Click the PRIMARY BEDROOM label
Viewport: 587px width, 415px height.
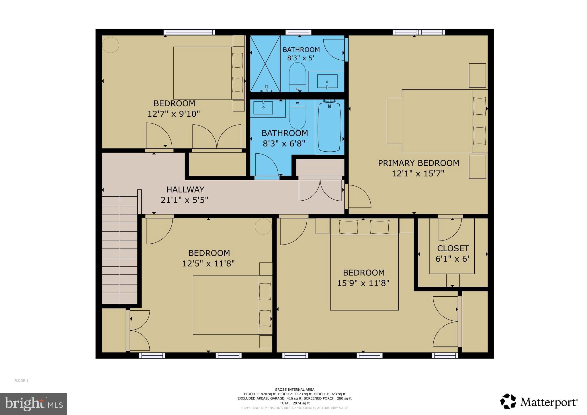(x=418, y=163)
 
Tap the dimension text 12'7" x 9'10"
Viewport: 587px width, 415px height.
(x=173, y=114)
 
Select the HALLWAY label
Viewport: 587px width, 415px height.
(x=185, y=189)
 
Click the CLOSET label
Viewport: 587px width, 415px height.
(x=453, y=248)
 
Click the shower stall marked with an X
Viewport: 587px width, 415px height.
(x=265, y=63)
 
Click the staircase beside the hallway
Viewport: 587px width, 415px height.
(x=120, y=249)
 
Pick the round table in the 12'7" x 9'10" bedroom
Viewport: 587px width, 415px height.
(x=111, y=45)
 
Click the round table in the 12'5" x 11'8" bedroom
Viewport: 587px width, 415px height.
(x=263, y=226)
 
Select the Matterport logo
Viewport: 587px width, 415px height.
(x=539, y=402)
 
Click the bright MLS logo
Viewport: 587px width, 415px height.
(x=34, y=404)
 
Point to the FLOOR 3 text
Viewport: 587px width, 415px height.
(x=21, y=381)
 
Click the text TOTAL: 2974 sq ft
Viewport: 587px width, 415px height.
(x=295, y=403)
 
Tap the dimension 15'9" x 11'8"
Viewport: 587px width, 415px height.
(x=363, y=283)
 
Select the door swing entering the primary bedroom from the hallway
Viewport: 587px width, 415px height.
(x=359, y=197)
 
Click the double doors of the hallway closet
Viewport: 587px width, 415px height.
(x=320, y=190)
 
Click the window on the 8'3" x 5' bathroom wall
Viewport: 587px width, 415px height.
(x=298, y=32)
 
